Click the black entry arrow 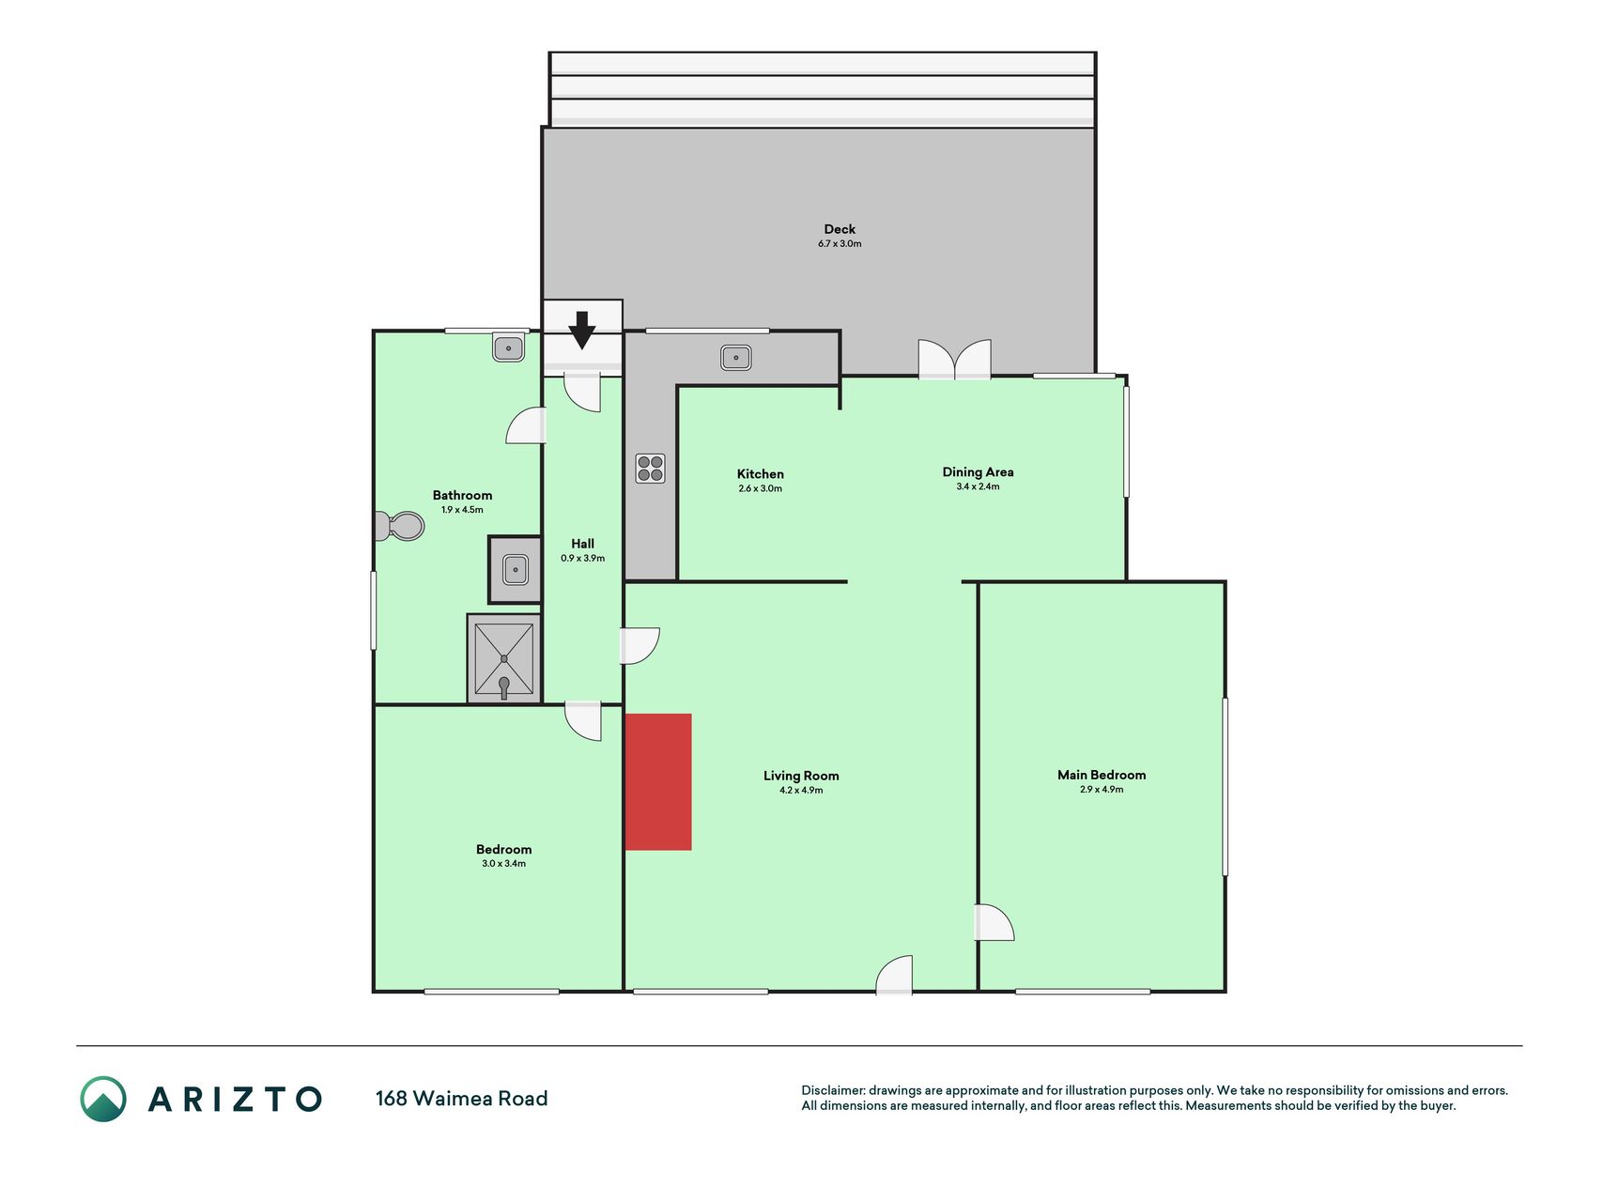coord(582,330)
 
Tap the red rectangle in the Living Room coord(658,782)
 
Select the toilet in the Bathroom coord(399,526)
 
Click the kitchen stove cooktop coord(650,468)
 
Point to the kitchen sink coord(736,357)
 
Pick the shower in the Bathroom coord(504,658)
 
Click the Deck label coord(840,229)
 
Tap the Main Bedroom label coord(1102,775)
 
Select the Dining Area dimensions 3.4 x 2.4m coord(978,486)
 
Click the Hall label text coord(582,544)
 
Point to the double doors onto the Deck coord(954,360)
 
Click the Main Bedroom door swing coord(994,922)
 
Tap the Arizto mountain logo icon coord(102,1099)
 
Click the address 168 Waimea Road coord(461,1099)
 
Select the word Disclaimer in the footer coord(832,1090)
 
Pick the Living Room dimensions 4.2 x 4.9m coord(801,791)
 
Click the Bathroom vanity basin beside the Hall coord(515,569)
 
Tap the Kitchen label coord(761,474)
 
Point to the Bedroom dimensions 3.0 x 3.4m coord(504,864)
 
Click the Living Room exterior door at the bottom coord(894,975)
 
